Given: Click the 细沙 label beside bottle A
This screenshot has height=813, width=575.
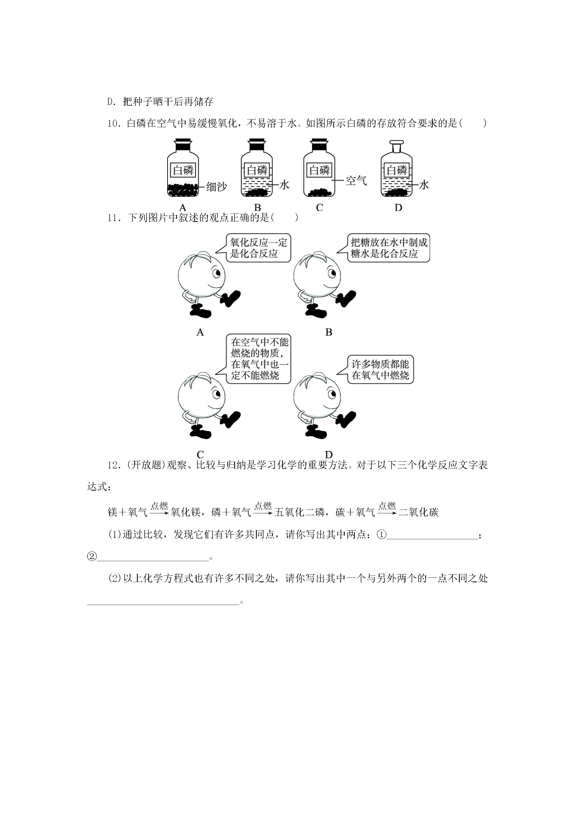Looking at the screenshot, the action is [x=216, y=187].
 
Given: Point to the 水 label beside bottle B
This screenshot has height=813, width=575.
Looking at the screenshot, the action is [x=284, y=184].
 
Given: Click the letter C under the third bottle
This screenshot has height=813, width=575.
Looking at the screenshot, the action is [x=320, y=208].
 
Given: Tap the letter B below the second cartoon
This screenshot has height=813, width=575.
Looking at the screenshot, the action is [x=328, y=332].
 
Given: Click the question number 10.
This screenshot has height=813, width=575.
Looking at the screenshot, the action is [x=114, y=124].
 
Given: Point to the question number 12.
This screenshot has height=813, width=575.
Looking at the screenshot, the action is [x=114, y=465].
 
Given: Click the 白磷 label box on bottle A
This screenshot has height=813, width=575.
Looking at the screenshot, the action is [x=183, y=170].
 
